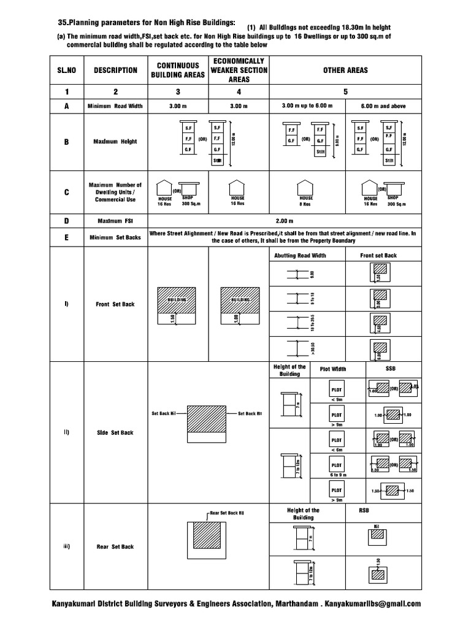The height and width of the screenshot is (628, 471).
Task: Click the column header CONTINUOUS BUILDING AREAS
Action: click(178, 70)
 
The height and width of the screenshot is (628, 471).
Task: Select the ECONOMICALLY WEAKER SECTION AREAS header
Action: click(239, 70)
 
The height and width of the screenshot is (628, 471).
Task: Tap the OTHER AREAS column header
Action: click(345, 70)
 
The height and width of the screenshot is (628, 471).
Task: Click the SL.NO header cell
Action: click(66, 70)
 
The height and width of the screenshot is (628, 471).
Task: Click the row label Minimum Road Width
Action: click(115, 106)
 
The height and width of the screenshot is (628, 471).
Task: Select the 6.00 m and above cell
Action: click(383, 106)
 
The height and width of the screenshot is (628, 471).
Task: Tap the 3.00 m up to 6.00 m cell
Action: click(307, 106)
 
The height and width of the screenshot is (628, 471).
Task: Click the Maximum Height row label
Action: click(115, 142)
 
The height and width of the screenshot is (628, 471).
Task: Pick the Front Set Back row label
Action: click(115, 304)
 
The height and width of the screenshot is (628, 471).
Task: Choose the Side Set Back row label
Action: click(115, 432)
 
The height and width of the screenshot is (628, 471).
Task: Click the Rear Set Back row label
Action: click(115, 546)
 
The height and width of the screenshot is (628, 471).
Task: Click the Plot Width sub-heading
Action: click(333, 369)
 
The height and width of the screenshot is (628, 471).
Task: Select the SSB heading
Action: click(391, 369)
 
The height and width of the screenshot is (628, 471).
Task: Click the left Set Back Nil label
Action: click(164, 413)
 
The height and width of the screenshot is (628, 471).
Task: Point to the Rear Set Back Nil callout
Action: click(226, 511)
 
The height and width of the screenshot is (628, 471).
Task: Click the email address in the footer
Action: click(373, 603)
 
